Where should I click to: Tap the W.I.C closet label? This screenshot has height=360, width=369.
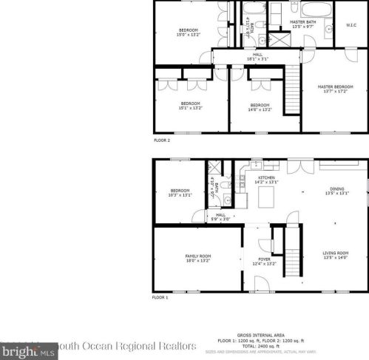pos(351,25)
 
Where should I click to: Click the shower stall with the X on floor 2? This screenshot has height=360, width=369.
pos(279,39)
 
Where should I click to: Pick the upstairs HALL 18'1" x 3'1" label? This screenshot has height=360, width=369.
pos(257,57)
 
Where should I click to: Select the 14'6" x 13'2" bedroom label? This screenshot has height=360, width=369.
pos(260,106)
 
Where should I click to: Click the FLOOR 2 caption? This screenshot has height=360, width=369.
pos(161,140)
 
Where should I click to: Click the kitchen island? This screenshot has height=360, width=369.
pos(265,199)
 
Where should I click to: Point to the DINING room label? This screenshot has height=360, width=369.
pos(336,191)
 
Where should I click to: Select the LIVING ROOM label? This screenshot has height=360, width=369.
pos(335,255)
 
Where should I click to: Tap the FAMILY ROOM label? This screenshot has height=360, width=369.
pos(197,258)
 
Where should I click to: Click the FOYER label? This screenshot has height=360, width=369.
pos(263,262)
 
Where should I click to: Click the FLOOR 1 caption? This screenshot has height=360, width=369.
pos(160,296)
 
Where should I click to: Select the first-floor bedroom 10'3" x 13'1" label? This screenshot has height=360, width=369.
pos(181,193)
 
